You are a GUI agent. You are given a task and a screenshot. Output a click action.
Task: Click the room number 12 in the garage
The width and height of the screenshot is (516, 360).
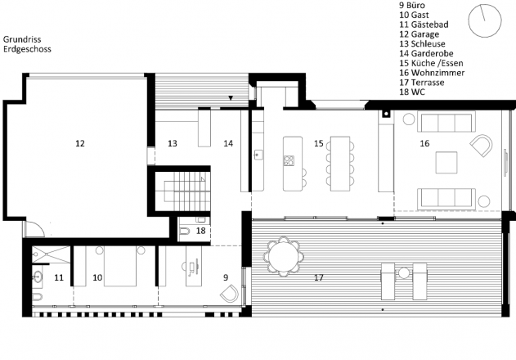point(80,143)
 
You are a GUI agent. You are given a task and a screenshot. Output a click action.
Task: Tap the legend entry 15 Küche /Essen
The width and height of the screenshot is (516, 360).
point(431,63)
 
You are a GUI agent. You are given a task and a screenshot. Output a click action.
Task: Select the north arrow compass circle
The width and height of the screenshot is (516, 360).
point(485,20)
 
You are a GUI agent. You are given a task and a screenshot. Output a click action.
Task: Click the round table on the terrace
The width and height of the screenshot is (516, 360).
point(283,256)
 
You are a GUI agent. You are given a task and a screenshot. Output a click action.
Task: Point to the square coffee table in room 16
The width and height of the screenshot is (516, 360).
point(446,162)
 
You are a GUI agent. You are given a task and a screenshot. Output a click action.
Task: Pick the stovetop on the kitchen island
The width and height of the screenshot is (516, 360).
point(289,160)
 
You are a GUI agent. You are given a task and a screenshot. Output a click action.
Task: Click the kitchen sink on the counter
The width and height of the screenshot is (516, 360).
point(258,155)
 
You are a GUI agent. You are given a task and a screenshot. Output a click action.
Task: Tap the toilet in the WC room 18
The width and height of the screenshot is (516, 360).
point(185,232)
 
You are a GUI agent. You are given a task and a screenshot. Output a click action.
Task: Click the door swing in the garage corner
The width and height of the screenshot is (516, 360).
point(34,228)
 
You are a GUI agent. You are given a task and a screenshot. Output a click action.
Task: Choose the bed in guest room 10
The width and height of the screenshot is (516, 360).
point(120,266)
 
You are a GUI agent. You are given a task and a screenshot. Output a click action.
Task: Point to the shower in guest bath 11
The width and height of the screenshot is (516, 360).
point(52,254)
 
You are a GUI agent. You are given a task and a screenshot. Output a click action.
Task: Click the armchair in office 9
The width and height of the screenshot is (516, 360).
point(229,294)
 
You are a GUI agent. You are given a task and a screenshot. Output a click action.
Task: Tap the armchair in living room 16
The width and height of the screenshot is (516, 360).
point(482,145)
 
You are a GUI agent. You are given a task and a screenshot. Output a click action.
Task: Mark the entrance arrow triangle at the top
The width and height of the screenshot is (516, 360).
point(231,98)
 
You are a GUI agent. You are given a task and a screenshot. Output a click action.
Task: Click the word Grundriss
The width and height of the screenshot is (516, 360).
point(22,39)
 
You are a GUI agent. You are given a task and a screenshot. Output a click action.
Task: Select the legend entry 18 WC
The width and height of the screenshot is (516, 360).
point(412,92)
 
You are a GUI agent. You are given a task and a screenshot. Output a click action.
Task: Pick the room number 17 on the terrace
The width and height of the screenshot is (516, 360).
point(319,277)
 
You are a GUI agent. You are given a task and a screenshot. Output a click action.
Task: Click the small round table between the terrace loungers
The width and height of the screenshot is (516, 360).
point(404,273)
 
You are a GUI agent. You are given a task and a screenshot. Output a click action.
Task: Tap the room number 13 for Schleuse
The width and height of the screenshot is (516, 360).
point(173,143)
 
